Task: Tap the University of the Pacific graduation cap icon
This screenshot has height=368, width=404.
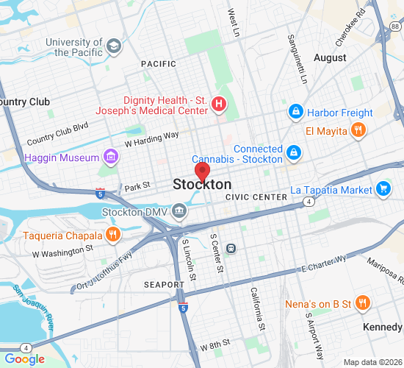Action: [113, 47]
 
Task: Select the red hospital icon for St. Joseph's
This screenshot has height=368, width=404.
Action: [218, 104]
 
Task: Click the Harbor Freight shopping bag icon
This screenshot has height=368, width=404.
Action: [295, 113]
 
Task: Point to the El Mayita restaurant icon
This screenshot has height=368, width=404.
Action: [358, 131]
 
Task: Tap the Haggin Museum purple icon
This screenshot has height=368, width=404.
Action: [110, 157]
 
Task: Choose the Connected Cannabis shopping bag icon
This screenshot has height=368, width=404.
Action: [293, 153]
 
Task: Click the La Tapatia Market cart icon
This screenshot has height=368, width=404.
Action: [383, 189]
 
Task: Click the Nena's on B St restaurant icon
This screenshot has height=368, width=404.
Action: [361, 302]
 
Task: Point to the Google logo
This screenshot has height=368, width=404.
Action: [25, 359]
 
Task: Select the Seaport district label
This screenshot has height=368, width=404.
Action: [164, 284]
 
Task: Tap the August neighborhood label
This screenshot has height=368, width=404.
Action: [330, 57]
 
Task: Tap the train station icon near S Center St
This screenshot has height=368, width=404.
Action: [231, 248]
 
